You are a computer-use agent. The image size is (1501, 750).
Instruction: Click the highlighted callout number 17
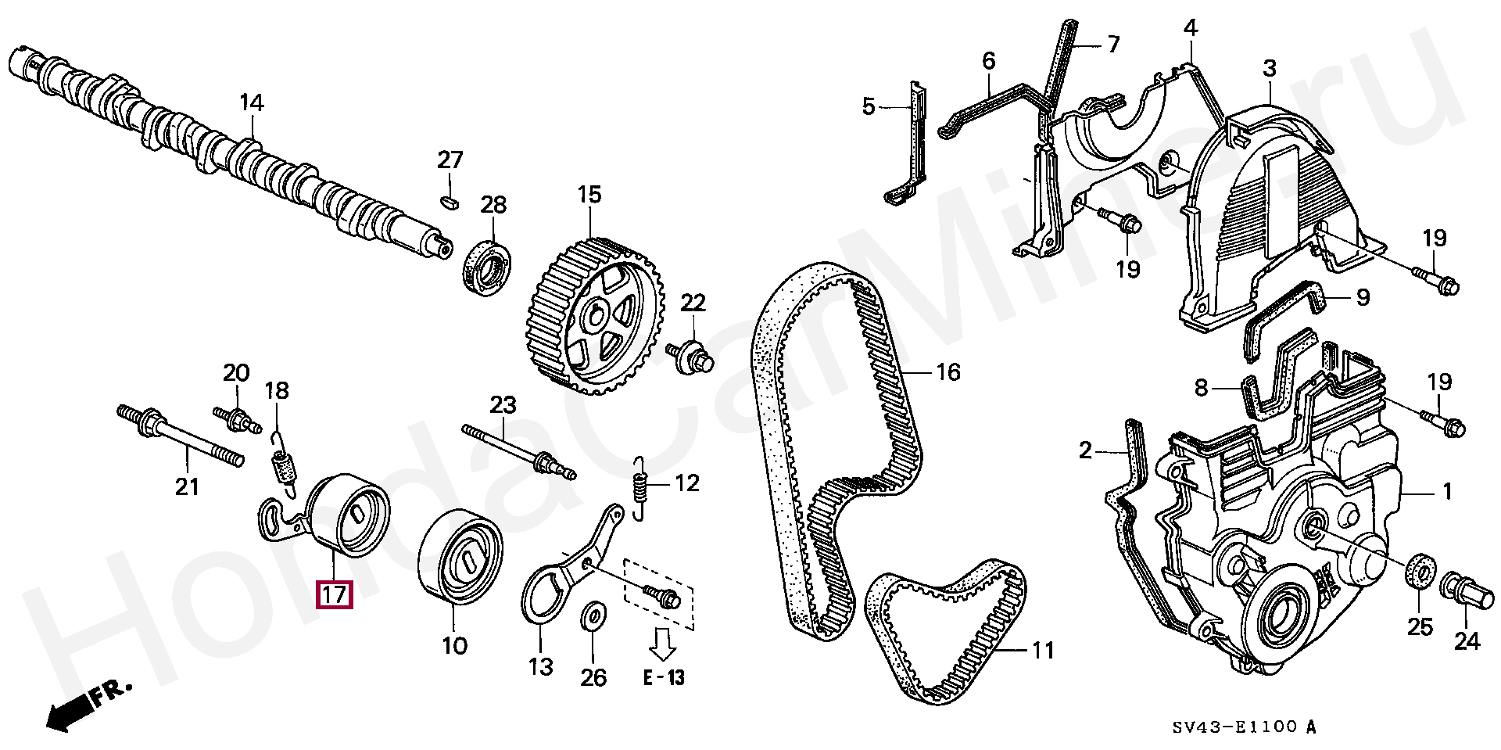pyautogui.click(x=334, y=595)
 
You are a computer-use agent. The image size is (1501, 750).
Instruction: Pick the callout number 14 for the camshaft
pyautogui.click(x=252, y=102)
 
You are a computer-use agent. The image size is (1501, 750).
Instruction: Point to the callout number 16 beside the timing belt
pyautogui.click(x=948, y=372)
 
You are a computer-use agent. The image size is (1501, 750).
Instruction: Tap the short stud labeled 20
pyautogui.click(x=237, y=417)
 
